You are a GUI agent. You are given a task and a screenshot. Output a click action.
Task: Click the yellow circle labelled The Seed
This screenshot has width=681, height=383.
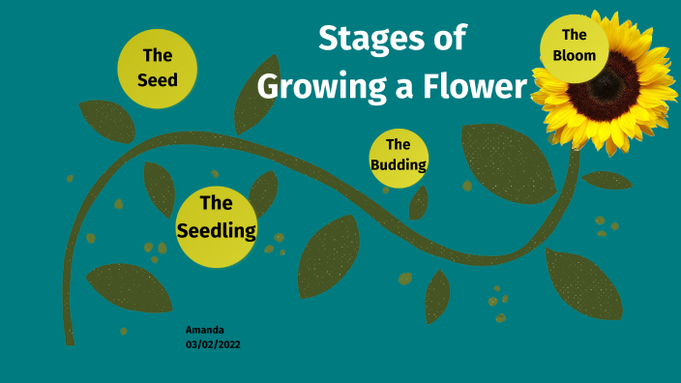[x=158, y=67]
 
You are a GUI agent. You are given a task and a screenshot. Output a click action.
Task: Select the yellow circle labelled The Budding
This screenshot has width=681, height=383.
[x=399, y=155]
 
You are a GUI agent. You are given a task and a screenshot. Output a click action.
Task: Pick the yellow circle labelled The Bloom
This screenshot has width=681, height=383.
[x=575, y=45]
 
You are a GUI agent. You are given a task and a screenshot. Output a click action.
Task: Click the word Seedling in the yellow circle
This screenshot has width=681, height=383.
[x=217, y=231]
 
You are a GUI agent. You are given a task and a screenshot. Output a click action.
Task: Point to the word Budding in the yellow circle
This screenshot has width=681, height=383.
[x=399, y=164]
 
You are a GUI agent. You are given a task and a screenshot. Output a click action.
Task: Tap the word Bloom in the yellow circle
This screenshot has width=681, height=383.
[x=575, y=55]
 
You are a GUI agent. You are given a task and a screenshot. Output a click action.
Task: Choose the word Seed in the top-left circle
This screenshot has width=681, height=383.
[x=158, y=79]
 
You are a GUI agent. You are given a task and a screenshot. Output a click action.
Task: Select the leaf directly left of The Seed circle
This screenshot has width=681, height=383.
[x=106, y=121]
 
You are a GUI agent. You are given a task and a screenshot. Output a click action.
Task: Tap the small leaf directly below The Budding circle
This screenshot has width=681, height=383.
[x=419, y=203]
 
